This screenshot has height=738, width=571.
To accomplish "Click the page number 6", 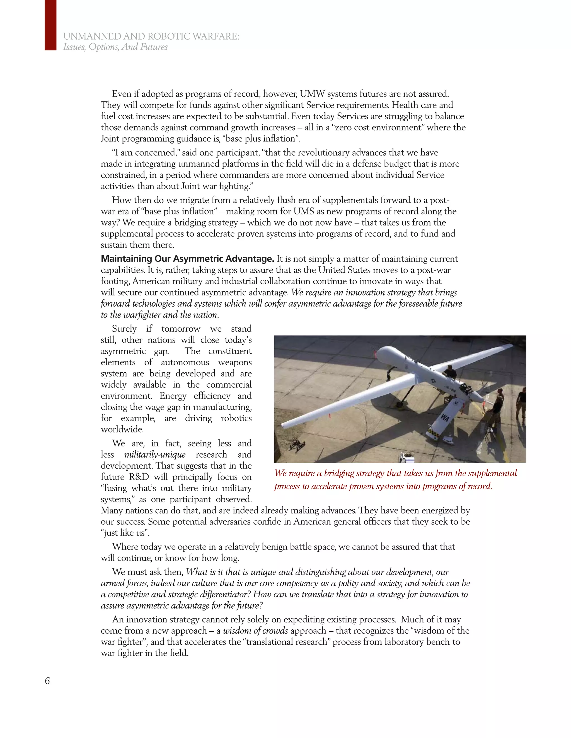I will pyautogui.click(x=47, y=681).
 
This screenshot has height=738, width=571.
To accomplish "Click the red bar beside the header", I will pyautogui.click(x=50, y=25).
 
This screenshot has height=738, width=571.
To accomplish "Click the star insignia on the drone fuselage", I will pyautogui.click(x=433, y=380).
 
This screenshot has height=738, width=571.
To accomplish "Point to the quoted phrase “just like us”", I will pyautogui.click(x=125, y=533).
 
